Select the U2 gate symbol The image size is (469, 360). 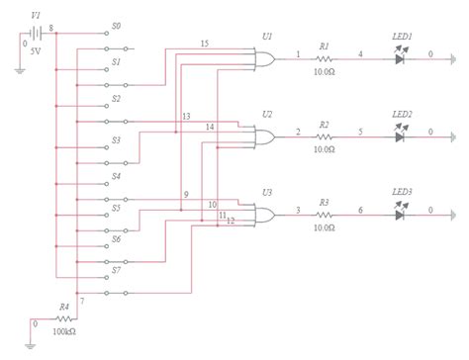pyautogui.click(x=265, y=137)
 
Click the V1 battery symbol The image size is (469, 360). pyautogui.click(x=37, y=32)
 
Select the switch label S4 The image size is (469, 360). pyautogui.click(x=116, y=176)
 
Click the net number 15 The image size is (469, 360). pyautogui.click(x=204, y=45)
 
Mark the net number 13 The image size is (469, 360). pyautogui.click(x=186, y=117)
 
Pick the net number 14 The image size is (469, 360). pyautogui.click(x=210, y=128)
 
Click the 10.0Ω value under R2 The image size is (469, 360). pyautogui.click(x=324, y=149)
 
